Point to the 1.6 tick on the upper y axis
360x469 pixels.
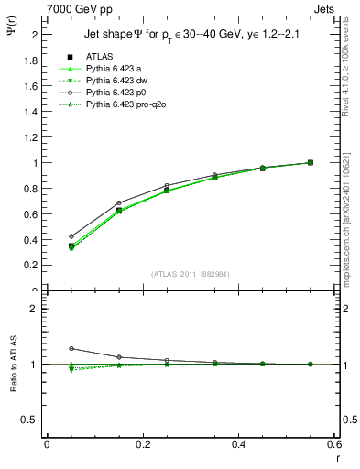click(x=30, y=86)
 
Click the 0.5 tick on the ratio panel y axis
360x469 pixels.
click(x=30, y=420)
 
